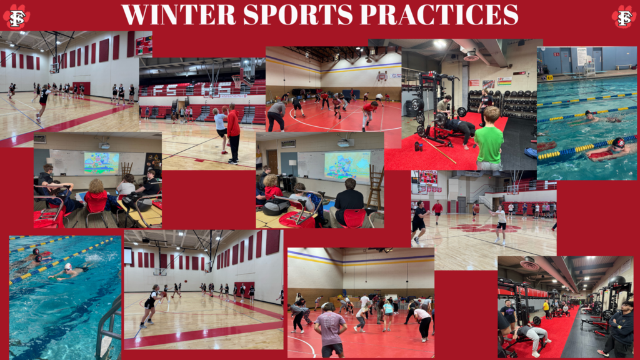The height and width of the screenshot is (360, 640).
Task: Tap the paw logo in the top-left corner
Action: pos(16,17)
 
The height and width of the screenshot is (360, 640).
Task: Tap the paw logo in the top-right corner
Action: pos(623,17)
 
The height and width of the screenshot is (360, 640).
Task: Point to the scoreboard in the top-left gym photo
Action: pos(143,44)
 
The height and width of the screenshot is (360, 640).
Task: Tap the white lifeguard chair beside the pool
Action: pos(589,66)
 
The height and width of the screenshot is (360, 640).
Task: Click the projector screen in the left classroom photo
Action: pos(101,162)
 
